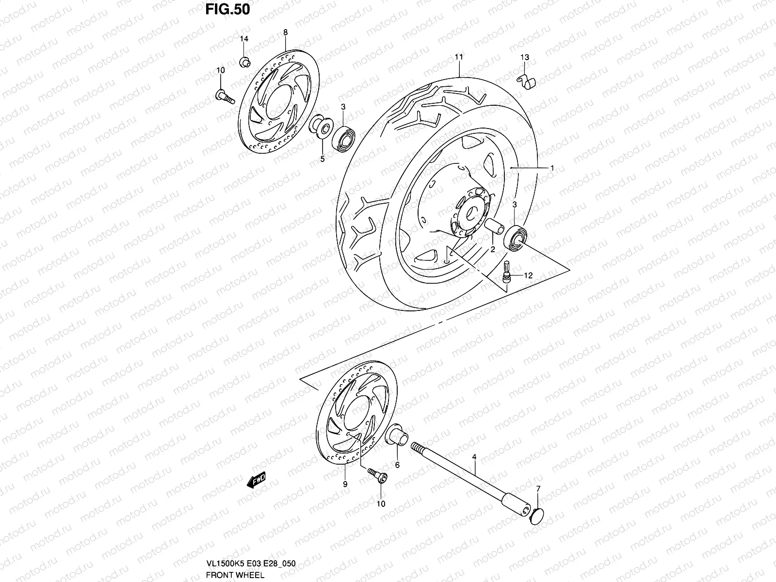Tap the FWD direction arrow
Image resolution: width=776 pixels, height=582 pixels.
coord(257,480)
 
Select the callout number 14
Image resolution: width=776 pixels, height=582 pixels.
coord(244,39)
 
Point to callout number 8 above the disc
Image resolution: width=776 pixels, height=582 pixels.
coord(285,32)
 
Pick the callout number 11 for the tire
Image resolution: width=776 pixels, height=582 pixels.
coord(459,57)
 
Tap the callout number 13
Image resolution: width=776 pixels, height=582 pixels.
coord(525,57)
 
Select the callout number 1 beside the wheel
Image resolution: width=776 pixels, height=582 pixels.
coord(552,168)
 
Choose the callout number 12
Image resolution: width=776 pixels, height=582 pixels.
coord(528,275)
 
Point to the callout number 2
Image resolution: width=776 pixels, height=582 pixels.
coord(492,249)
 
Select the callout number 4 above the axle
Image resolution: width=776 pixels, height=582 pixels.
coord(474,457)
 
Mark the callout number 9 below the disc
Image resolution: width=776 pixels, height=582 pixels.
coord(345,484)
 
